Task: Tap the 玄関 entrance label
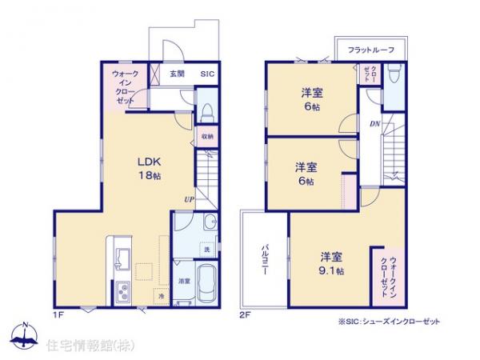[178, 74]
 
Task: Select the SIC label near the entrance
[207, 74]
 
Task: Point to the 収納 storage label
[207, 136]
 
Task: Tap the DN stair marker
[374, 124]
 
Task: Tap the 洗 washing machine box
[206, 250]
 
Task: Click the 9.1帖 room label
[332, 263]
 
